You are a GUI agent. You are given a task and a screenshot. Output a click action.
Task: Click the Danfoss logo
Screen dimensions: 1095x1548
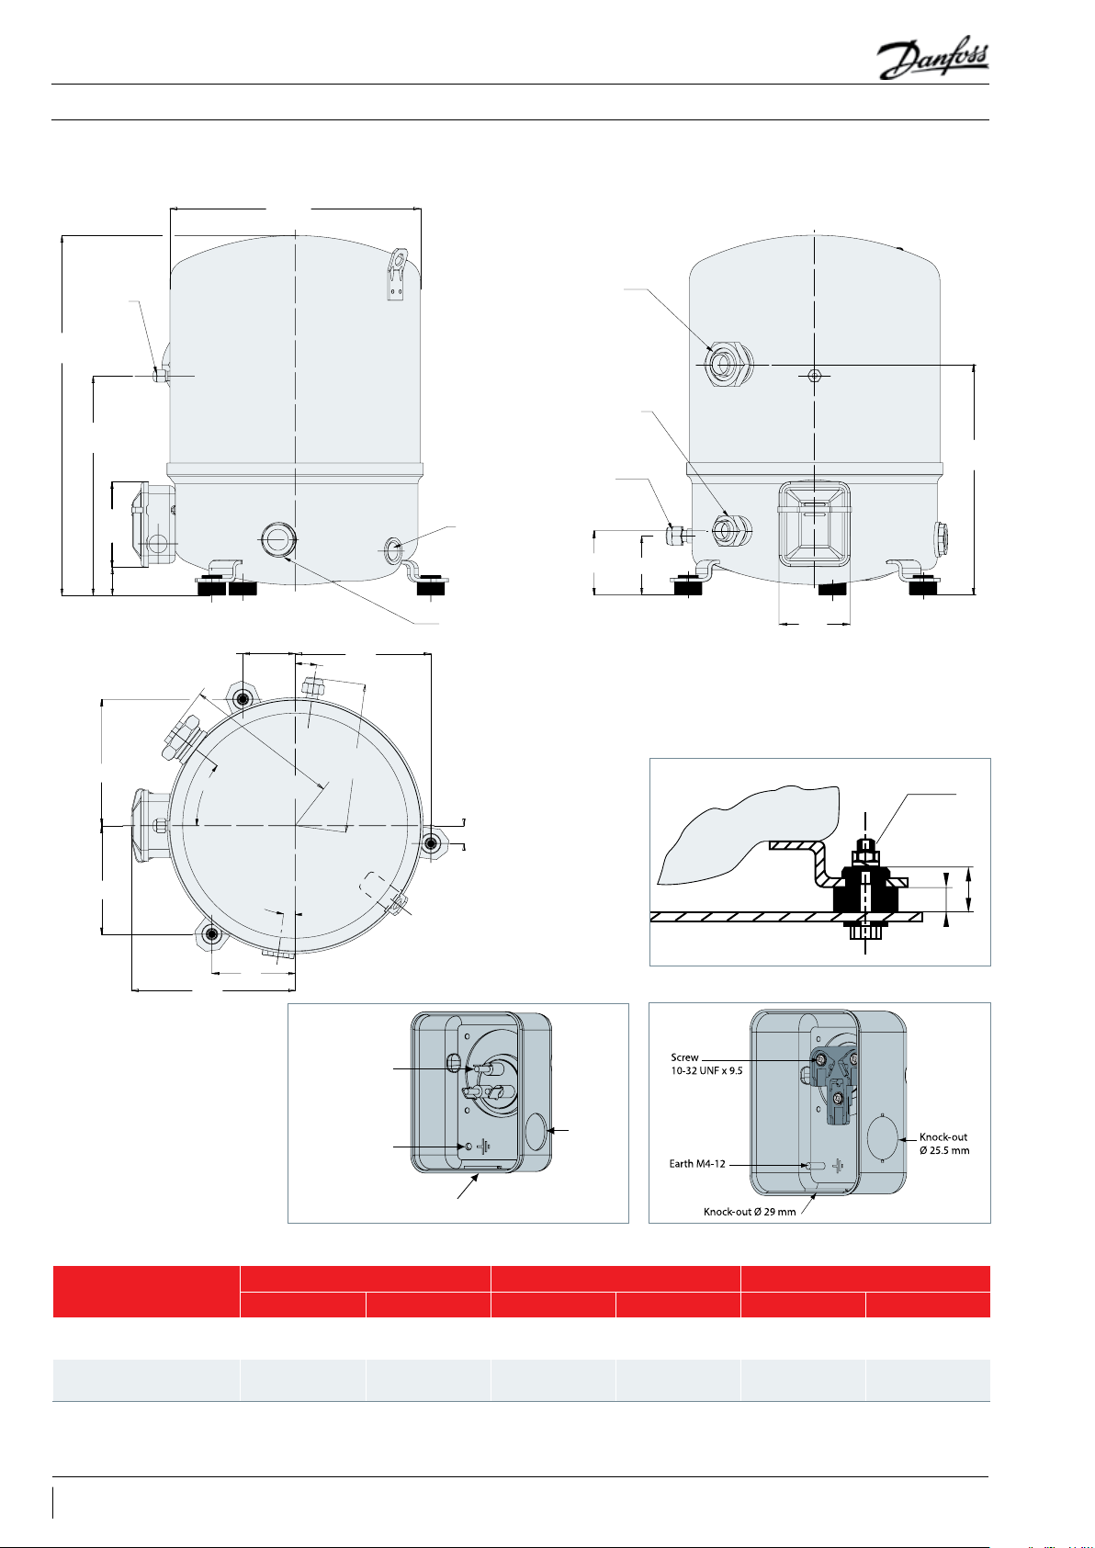pyautogui.click(x=932, y=61)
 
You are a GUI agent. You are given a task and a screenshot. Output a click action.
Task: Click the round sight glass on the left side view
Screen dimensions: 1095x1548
pyautogui.click(x=277, y=537)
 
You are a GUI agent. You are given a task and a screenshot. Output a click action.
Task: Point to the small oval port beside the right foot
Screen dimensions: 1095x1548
pyautogui.click(x=393, y=547)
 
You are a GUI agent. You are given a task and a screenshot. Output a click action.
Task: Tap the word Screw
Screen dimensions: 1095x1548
pyautogui.click(x=684, y=1058)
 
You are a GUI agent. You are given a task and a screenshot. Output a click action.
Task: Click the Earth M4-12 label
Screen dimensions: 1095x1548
pyautogui.click(x=697, y=1164)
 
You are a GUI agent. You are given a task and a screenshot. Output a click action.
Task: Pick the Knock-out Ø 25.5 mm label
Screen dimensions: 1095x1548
pyautogui.click(x=943, y=1144)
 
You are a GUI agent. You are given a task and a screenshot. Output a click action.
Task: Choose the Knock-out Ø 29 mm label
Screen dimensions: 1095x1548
pyautogui.click(x=750, y=1212)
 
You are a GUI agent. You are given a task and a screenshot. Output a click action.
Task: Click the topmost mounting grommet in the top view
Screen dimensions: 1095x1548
pyautogui.click(x=243, y=699)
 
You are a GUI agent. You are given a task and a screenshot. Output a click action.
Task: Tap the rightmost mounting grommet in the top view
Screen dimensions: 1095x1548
pyautogui.click(x=431, y=843)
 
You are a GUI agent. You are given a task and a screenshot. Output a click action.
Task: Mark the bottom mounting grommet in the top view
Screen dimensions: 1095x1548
pyautogui.click(x=212, y=936)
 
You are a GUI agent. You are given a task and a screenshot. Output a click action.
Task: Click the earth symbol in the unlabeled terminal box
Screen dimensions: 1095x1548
pyautogui.click(x=483, y=1148)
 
